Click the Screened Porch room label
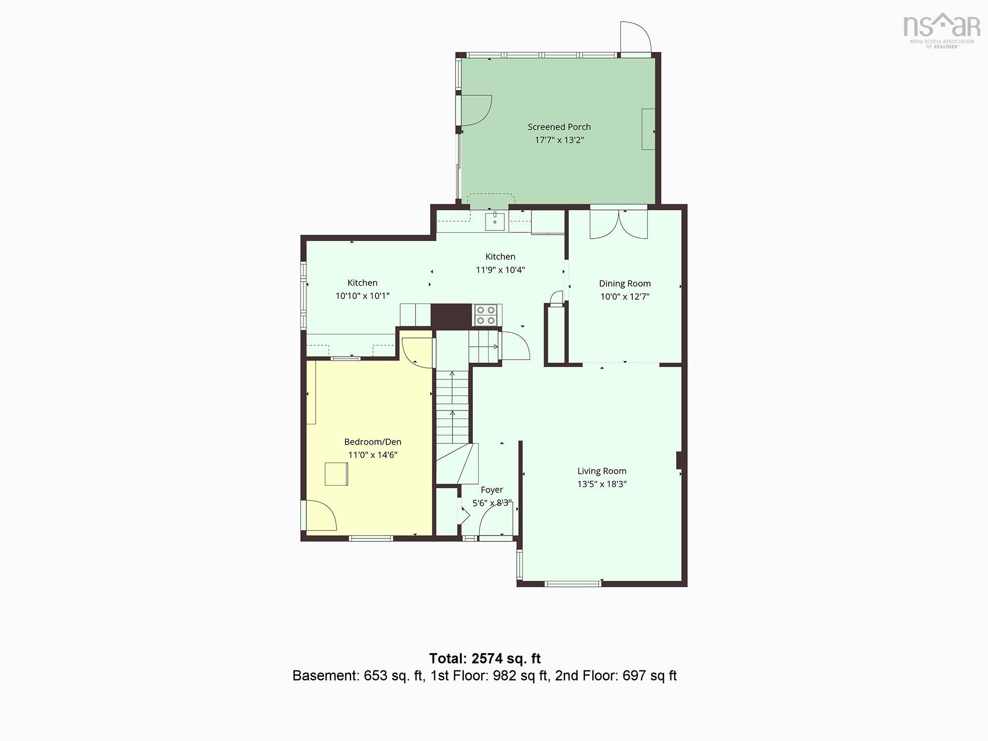click(559, 127)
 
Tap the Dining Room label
click(625, 284)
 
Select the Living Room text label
click(602, 471)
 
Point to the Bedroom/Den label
click(373, 442)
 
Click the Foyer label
click(492, 490)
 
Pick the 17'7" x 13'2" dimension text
click(559, 140)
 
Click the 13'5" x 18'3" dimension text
click(602, 484)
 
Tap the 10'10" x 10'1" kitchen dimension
click(363, 296)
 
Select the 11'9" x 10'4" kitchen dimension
click(500, 270)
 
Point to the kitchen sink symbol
click(495, 220)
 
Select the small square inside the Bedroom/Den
click(336, 474)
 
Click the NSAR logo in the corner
click(942, 30)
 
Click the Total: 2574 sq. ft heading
click(485, 659)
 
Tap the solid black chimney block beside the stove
click(452, 315)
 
